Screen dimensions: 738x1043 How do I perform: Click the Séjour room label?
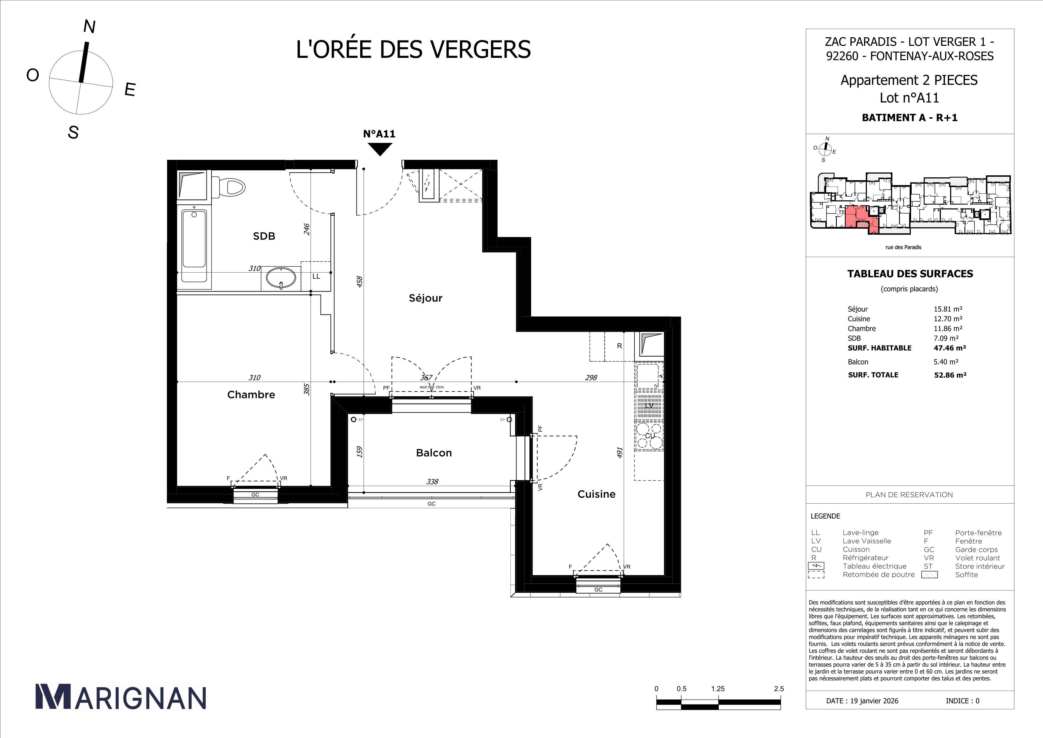pos(425,298)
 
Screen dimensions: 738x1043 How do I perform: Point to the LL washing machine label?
pos(316,276)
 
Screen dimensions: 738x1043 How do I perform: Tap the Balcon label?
pos(434,452)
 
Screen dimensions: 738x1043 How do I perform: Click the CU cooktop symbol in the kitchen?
pos(650,435)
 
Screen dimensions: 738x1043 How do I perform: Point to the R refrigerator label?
pos(619,346)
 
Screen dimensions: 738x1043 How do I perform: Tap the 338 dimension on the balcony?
pos(432,482)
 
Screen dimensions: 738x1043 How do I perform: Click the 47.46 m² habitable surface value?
pos(950,348)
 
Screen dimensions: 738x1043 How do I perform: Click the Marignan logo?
pos(121,697)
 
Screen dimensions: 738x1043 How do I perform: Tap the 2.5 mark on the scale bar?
pos(779,688)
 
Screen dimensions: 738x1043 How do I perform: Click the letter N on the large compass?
pos(89,27)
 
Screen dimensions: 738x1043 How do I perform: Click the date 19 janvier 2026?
pos(862,701)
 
